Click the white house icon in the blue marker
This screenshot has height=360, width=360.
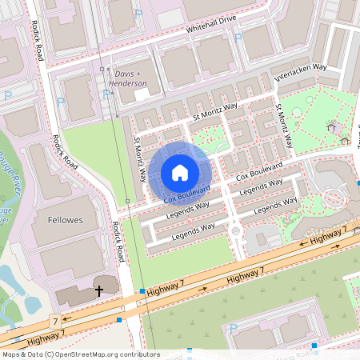coord(180,172)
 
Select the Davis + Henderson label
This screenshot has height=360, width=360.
coord(129,78)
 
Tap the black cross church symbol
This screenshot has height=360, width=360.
coord(99,290)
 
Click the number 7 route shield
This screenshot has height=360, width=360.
coord(55,322)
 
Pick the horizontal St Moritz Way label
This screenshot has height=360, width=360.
coord(214,114)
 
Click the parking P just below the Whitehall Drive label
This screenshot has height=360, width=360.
coord(138,14)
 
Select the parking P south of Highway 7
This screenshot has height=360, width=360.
coord(233,328)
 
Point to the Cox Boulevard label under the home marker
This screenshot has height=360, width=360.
coord(186,194)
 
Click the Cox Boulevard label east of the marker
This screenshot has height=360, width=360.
coord(258,170)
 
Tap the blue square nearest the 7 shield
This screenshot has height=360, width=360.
coord(119,320)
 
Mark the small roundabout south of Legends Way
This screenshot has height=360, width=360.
coord(235,232)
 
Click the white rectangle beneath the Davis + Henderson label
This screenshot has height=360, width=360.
coord(142,94)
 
